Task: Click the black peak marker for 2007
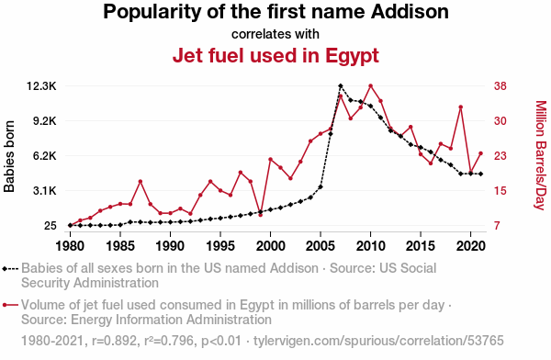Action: click(x=340, y=85)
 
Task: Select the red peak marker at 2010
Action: click(x=370, y=85)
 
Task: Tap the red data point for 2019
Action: click(x=461, y=107)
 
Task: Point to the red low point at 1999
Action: click(x=261, y=215)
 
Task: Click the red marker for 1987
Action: click(x=141, y=182)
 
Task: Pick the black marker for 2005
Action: click(x=320, y=186)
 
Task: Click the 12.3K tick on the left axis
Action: click(x=41, y=85)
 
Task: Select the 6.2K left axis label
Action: click(x=45, y=155)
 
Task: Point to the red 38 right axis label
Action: click(x=500, y=85)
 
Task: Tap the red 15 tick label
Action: click(x=500, y=190)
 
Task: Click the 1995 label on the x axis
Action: click(x=220, y=246)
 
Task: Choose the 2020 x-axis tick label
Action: click(x=471, y=246)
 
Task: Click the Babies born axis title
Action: click(x=9, y=156)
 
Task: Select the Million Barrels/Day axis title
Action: click(x=541, y=155)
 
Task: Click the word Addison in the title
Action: click(x=410, y=12)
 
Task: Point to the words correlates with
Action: click(x=275, y=34)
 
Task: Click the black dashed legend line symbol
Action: click(x=10, y=269)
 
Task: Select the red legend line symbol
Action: click(x=10, y=305)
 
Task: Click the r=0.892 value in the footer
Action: click(x=114, y=341)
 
